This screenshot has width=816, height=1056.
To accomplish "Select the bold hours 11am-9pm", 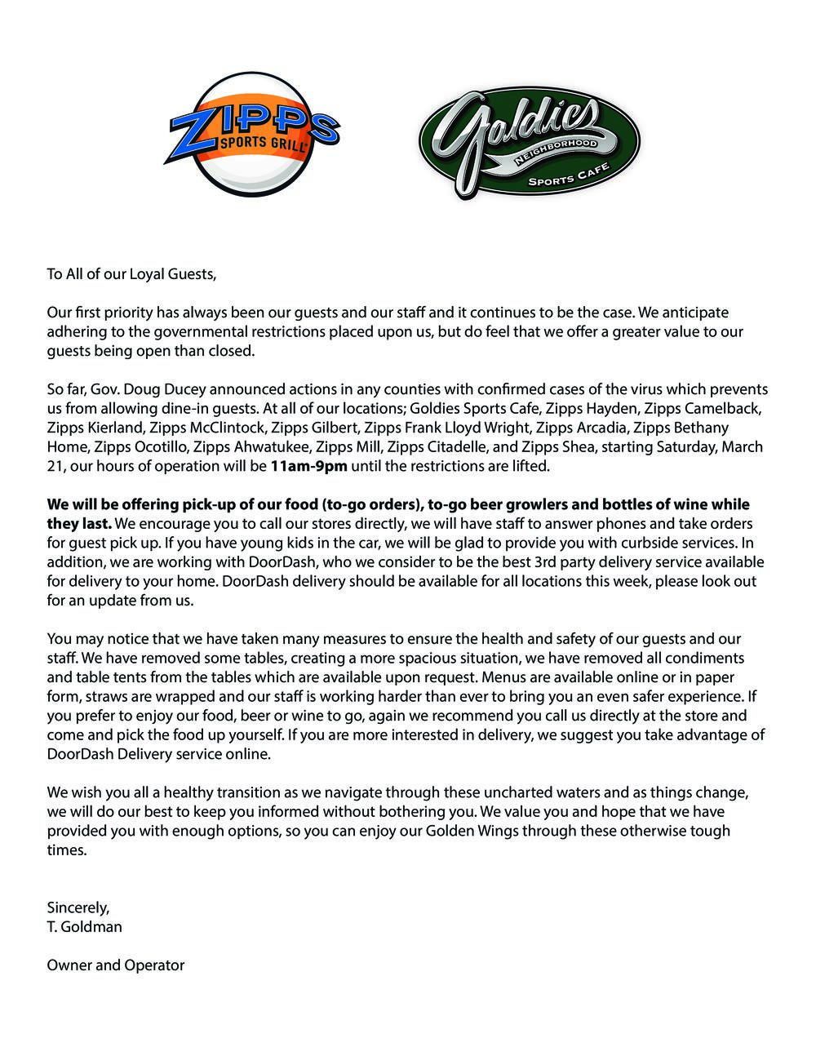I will coord(309,467).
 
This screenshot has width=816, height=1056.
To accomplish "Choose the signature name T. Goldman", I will coord(84,927).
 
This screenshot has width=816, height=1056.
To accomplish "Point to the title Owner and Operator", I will coord(116,965).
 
